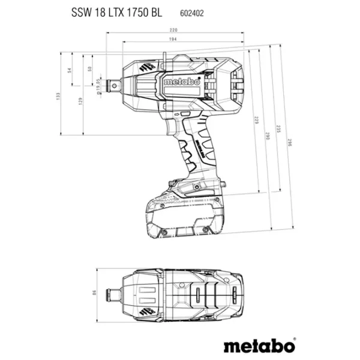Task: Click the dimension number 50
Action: (90, 69)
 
